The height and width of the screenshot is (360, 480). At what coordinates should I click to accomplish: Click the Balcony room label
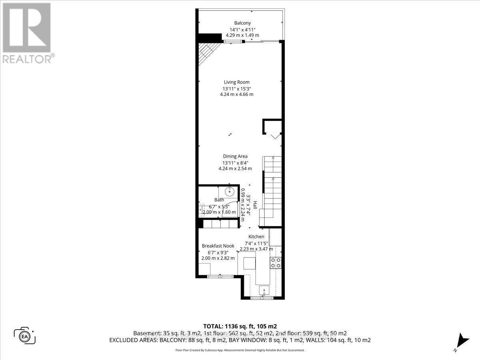pyautogui.click(x=242, y=23)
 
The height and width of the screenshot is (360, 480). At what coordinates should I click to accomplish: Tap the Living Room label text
pyautogui.click(x=236, y=82)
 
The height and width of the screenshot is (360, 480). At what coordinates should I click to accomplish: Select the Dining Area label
pyautogui.click(x=235, y=156)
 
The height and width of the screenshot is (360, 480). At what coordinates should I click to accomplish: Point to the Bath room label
pyautogui.click(x=219, y=200)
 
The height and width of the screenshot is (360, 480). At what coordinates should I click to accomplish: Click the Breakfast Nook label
pyautogui.click(x=218, y=246)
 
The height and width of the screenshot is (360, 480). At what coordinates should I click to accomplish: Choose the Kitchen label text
pyautogui.click(x=256, y=237)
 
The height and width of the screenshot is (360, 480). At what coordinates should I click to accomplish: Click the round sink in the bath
pyautogui.click(x=230, y=192)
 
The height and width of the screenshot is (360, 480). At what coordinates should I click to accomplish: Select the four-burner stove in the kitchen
pyautogui.click(x=276, y=262)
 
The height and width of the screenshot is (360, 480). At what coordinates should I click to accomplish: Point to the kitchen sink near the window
pyautogui.click(x=264, y=290)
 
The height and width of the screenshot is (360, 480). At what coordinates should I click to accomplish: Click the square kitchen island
pyautogui.click(x=250, y=263)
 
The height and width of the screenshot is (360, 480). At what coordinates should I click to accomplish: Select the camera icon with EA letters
pyautogui.click(x=24, y=335)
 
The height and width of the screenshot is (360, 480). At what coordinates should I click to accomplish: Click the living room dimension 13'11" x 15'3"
pyautogui.click(x=236, y=89)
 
